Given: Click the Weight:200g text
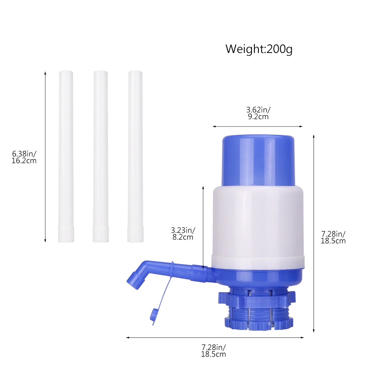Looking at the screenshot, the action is point(259,49).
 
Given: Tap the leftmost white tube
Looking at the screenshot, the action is point(66,156).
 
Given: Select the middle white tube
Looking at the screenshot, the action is point(101,156).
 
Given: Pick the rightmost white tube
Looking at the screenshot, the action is point(135,156).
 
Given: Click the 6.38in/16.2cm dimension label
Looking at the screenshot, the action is point(24,157).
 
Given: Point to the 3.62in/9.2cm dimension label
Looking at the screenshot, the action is point(258,113).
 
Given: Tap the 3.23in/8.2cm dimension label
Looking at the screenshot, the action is point(183,233).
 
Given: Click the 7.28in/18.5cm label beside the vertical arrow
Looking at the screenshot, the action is point(333,237).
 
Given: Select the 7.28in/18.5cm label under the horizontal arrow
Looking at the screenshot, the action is point(213,351).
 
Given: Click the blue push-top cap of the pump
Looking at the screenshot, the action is point(258,160).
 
